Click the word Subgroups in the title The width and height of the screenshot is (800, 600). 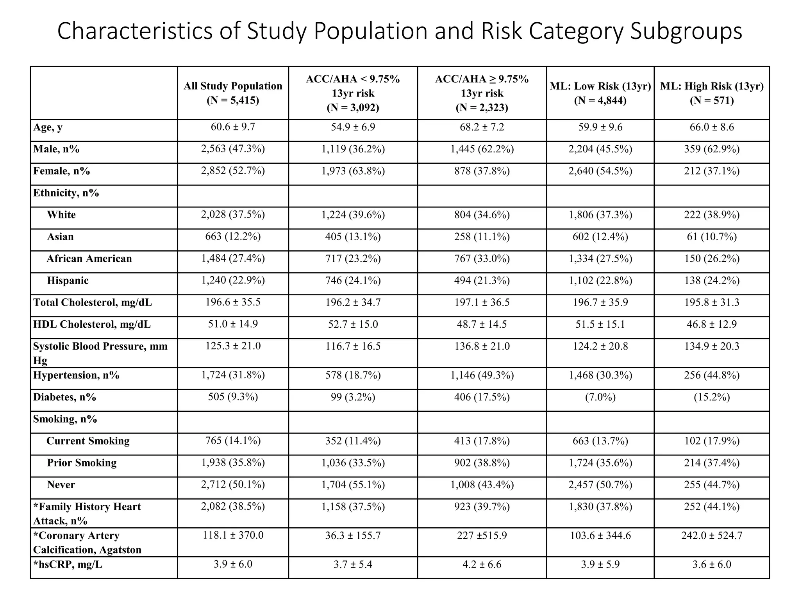click(x=686, y=31)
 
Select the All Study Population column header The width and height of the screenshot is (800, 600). click(x=233, y=93)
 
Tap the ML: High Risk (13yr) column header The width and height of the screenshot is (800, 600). click(x=712, y=93)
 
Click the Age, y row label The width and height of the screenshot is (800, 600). click(x=48, y=127)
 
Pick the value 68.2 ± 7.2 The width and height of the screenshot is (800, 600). click(x=482, y=127)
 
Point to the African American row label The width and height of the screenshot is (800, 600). click(x=89, y=259)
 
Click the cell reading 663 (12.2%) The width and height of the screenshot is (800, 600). click(x=233, y=237)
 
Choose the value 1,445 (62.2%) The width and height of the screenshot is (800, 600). click(x=482, y=149)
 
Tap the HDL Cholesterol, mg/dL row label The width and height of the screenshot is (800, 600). click(x=92, y=324)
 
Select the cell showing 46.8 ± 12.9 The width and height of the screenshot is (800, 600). click(x=712, y=324)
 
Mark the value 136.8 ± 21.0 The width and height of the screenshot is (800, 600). click(x=482, y=346)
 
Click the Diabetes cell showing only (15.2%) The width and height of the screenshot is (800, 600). click(x=712, y=397)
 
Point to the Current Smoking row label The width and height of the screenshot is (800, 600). click(x=88, y=441)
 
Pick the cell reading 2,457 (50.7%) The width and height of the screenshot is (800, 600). click(x=600, y=485)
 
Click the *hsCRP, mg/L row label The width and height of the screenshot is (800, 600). click(x=68, y=564)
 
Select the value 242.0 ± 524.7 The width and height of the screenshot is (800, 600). click(x=712, y=536)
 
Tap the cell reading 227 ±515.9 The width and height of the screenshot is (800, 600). click(x=482, y=536)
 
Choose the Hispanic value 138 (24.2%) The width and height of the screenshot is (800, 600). click(x=712, y=280)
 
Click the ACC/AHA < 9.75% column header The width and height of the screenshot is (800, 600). click(x=353, y=93)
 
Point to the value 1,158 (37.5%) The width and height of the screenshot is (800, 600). click(x=353, y=507)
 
